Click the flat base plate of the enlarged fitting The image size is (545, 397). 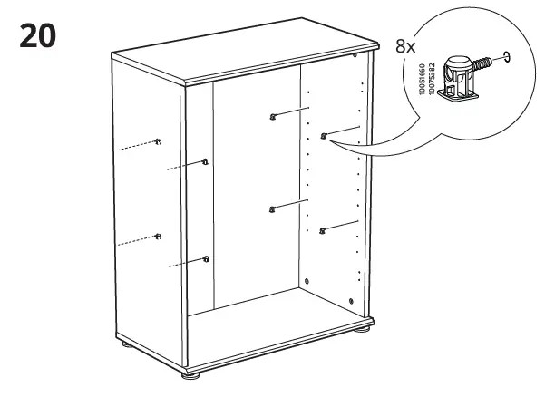(458, 99)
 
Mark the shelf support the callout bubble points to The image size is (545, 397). (324, 137)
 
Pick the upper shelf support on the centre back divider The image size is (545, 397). (272, 116)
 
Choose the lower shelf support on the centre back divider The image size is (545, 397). (272, 209)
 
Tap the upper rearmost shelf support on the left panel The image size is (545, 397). (159, 141)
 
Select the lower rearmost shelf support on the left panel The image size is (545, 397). (159, 236)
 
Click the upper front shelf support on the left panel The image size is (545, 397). (205, 163)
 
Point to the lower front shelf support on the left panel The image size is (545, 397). (206, 260)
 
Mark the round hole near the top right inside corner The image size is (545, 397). (354, 56)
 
